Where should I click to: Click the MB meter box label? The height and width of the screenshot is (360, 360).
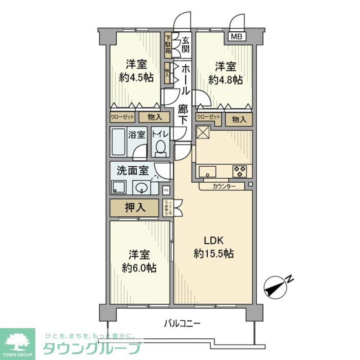236,36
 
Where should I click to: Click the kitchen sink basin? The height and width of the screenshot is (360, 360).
207,171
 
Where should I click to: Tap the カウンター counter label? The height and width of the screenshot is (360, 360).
224,186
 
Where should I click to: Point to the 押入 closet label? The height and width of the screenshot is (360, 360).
134,208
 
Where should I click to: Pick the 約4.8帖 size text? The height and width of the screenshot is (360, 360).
226,80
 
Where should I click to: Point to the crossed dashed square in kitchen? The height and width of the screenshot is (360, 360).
203,132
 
